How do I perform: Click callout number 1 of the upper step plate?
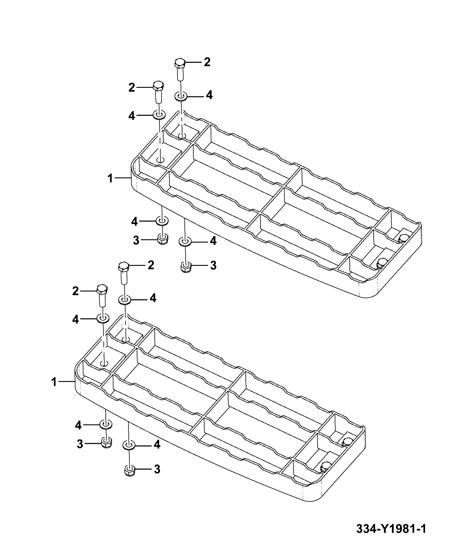click(110, 178)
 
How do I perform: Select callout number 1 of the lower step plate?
click(54, 382)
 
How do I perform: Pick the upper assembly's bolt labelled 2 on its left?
click(159, 92)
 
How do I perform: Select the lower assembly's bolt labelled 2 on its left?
click(102, 295)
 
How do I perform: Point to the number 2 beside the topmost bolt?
click(207, 62)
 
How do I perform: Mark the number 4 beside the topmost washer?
click(209, 95)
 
